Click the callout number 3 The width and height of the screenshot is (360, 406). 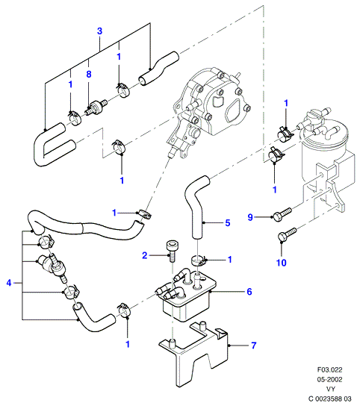tap(99, 31)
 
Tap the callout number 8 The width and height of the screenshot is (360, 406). tap(89, 75)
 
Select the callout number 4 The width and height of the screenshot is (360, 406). tap(9, 283)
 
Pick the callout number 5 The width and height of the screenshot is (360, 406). tap(228, 223)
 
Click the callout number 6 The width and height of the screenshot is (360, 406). tap(249, 292)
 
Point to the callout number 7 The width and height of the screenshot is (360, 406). tap(254, 345)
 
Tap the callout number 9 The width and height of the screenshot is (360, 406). tap(250, 217)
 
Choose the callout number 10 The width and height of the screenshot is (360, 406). tap(282, 263)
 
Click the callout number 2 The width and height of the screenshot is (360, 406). tap(145, 255)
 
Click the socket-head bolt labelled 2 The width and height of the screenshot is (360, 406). tap(171, 251)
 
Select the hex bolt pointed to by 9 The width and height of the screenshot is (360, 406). tap(282, 214)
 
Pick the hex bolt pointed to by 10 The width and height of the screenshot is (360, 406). tap(287, 234)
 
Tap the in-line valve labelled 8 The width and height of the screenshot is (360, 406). tap(96, 107)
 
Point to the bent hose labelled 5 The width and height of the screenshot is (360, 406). tap(196, 204)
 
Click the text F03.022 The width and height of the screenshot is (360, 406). tap(330, 369)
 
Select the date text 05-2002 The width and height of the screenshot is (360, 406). tap(330, 379)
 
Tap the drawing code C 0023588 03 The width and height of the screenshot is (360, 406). tap(330, 399)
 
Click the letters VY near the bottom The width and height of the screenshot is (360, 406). tap(330, 389)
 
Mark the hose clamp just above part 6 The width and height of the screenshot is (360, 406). tap(199, 260)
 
